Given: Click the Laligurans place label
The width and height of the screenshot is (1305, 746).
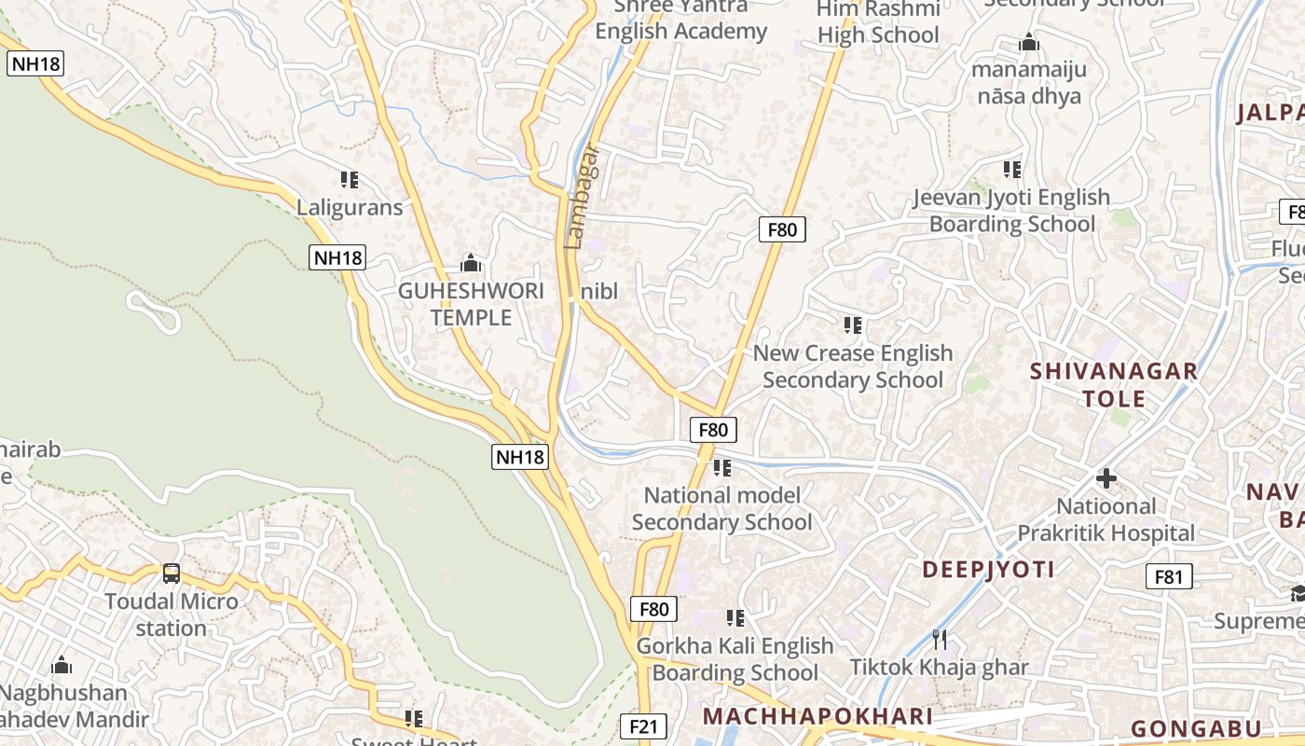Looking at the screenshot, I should pos(350,207).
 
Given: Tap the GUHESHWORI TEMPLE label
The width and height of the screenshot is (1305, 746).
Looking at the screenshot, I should pos(471,304).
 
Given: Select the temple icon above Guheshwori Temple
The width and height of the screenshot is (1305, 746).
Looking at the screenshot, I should pos(471,263).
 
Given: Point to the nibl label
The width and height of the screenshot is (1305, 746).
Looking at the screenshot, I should pos(599,291).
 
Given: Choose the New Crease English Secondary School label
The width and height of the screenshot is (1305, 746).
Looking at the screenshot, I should pos(853,366).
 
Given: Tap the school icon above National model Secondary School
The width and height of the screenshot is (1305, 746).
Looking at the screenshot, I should pos(722,466).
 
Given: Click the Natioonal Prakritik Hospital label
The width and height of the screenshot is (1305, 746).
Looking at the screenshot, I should pos(1106,519).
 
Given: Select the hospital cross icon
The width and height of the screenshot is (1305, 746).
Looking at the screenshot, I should pos(1106,478).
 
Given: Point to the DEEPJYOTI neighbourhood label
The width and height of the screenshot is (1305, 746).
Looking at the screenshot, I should pos(988,569).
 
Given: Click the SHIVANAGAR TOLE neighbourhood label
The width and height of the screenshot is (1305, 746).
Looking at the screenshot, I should pos(1114,384).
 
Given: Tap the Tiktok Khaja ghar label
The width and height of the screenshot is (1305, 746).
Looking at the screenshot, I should pos(940,667).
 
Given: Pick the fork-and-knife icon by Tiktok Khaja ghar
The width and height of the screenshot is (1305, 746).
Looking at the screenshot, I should pos(940,639).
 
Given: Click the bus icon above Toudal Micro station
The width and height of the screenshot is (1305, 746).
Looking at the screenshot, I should pos(172,573).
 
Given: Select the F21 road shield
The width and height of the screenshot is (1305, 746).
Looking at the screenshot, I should pos(644,726).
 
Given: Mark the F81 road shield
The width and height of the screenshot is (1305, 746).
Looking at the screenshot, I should pos(1168,576).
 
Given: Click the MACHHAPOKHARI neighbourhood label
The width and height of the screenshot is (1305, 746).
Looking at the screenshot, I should pos(817,716).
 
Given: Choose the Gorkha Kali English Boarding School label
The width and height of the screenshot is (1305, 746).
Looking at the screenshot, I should pos(735,658).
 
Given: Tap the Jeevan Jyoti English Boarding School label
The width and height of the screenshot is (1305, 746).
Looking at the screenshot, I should pos(1012,211).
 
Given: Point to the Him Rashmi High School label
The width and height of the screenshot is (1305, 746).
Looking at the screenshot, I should pos(878,22).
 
